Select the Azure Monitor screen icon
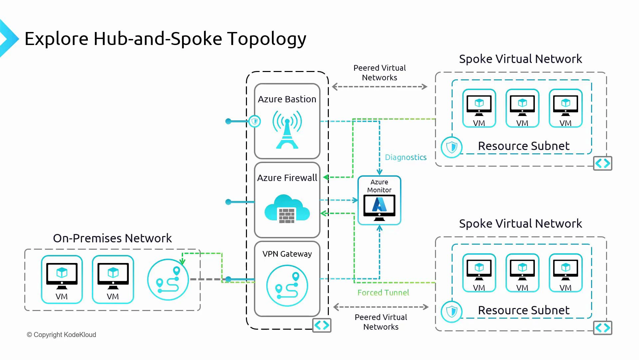(x=379, y=207)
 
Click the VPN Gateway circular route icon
(x=287, y=286)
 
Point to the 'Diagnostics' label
(x=405, y=157)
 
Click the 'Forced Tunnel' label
(x=383, y=293)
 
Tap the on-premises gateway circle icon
(x=168, y=280)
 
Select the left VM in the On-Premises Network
(x=62, y=279)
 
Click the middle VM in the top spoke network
(x=522, y=108)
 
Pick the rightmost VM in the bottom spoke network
(x=565, y=273)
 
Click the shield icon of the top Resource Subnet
(x=452, y=147)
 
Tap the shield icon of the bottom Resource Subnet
(x=452, y=312)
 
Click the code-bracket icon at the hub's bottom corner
(x=322, y=325)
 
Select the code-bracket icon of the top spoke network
(x=602, y=163)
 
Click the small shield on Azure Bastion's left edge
(x=255, y=121)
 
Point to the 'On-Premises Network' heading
(x=112, y=238)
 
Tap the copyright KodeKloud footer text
(x=62, y=335)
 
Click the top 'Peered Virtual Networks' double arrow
(x=379, y=87)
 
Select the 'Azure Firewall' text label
(x=287, y=178)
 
